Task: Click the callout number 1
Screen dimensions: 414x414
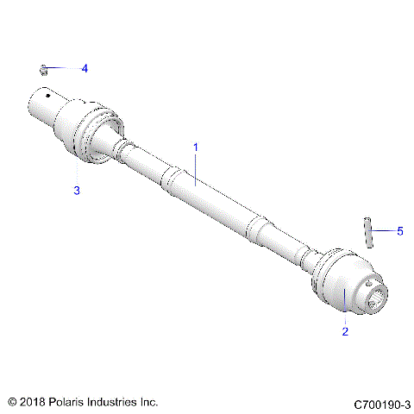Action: tap(196, 147)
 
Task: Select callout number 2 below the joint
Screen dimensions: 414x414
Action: tap(346, 331)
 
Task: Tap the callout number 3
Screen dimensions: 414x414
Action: tap(77, 190)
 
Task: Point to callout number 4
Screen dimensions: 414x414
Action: tap(85, 67)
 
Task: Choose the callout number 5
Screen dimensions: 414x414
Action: tap(399, 230)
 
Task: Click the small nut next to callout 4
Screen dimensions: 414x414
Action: tap(45, 67)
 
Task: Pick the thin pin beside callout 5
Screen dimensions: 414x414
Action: tap(368, 232)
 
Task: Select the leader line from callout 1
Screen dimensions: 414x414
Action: tap(196, 167)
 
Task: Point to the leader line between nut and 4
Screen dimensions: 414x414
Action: tap(64, 67)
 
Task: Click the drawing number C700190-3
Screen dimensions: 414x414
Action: tap(382, 403)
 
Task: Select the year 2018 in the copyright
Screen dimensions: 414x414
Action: tap(34, 402)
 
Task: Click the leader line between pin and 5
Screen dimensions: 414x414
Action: tap(384, 231)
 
